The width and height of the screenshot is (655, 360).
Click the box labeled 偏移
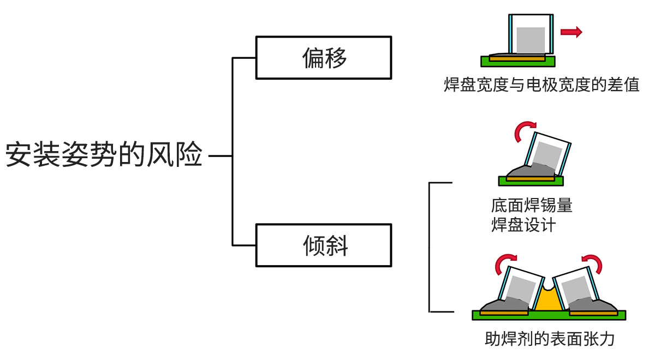(324, 57)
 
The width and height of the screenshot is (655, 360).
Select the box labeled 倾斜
(324, 245)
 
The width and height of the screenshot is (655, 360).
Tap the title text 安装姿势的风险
(104, 155)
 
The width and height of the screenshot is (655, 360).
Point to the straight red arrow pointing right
(571, 32)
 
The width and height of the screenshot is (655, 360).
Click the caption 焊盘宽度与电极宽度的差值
(541, 85)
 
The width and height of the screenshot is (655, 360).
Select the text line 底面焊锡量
(532, 206)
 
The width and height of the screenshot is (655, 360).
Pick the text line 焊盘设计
(523, 224)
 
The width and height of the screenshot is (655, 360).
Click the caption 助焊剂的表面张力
(550, 339)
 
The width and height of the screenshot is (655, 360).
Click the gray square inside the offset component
(531, 40)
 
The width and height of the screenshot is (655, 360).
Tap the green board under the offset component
(550, 59)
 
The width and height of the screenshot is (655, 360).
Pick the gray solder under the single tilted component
(522, 171)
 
